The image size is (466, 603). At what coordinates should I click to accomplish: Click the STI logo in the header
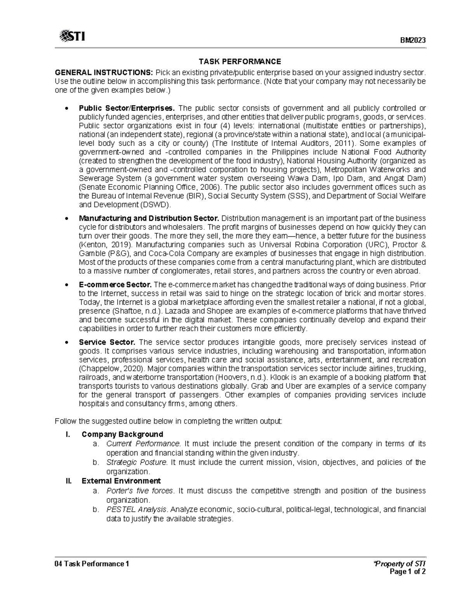point(72,36)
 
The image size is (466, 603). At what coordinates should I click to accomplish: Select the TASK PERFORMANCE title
point(240,61)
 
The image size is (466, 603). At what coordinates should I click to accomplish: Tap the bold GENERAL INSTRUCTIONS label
point(104,73)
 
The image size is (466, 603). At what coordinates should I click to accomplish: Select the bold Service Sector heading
point(107,342)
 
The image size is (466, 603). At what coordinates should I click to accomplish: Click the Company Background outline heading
point(122,434)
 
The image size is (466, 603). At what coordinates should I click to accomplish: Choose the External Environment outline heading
point(121,481)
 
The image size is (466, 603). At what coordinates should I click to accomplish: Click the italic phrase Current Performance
point(143,443)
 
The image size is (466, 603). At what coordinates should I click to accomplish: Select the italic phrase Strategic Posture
point(137,462)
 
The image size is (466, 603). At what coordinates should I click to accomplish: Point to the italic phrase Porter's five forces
point(139,491)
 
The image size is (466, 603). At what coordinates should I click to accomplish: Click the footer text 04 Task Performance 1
point(92,563)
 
